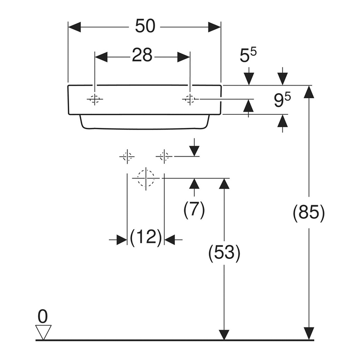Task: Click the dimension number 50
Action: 145,27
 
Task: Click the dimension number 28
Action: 142,55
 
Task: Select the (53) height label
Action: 224,253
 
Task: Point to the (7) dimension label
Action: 194,210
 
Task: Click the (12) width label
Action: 146,237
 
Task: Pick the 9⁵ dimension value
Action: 282,100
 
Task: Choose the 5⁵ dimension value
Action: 248,55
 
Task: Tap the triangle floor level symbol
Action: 43,331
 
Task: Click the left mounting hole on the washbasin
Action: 95,99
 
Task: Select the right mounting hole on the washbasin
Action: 189,99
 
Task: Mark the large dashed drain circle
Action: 146,178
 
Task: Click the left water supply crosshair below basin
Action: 127,157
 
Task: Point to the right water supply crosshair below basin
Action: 164,157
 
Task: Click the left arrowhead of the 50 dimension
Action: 75,27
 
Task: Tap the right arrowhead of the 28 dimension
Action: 183,56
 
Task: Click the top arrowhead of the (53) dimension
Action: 224,184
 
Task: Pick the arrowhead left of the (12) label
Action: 122,240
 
